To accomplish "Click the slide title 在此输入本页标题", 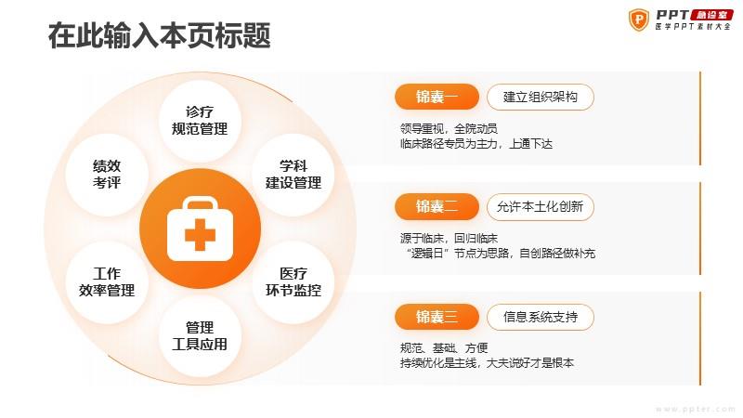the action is click(x=159, y=35).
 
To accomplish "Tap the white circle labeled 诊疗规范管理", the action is click(x=200, y=121).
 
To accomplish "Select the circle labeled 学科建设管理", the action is click(x=293, y=175).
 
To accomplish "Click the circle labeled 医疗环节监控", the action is click(x=293, y=282).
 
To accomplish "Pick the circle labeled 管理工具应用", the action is click(x=200, y=336).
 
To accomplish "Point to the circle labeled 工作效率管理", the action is click(x=107, y=282).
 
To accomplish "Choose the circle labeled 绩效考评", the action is click(x=107, y=175).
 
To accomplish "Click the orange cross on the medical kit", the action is click(x=200, y=235).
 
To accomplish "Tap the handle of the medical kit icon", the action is click(x=200, y=203).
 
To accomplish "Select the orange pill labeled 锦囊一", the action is click(x=437, y=98).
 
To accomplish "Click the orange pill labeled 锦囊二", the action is click(x=437, y=206).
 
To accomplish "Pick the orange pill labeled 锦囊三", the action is click(x=437, y=317).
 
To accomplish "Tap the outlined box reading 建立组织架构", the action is click(x=541, y=98).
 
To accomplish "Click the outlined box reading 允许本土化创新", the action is click(x=541, y=206).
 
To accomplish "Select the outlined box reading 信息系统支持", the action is click(x=541, y=317).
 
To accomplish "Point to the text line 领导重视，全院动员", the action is click(x=449, y=128).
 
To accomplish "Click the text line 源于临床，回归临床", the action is click(x=449, y=238).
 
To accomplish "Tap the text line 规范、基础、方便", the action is click(x=444, y=347).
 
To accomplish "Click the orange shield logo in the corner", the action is click(x=639, y=20).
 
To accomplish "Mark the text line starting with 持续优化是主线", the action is click(x=487, y=363).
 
